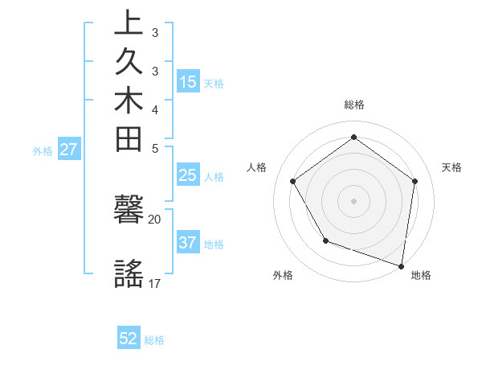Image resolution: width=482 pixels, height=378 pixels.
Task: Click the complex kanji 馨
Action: click(x=129, y=213)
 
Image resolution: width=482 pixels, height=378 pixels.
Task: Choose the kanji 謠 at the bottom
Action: click(x=129, y=274)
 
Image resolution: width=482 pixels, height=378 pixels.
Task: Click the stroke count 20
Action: click(x=155, y=219)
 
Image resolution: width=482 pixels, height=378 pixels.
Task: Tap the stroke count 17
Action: click(x=155, y=283)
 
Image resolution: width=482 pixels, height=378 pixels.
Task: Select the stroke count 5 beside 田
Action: click(x=155, y=148)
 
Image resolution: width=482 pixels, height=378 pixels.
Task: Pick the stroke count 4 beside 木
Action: click(x=155, y=109)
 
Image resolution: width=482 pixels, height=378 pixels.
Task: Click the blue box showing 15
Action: click(x=188, y=81)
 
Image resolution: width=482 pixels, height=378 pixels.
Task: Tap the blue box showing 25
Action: click(x=188, y=176)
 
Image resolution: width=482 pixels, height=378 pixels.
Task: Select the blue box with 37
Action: click(x=188, y=243)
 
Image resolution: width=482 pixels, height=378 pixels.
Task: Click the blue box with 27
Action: click(x=68, y=149)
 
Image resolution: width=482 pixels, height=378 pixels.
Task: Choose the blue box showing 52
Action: click(x=129, y=339)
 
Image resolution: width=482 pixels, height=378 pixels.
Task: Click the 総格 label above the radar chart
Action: click(x=353, y=105)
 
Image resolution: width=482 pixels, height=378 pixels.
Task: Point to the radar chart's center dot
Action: click(x=353, y=200)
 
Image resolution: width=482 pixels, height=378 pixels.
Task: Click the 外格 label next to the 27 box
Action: click(x=43, y=150)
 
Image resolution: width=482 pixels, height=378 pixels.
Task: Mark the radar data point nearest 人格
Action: click(x=292, y=181)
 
